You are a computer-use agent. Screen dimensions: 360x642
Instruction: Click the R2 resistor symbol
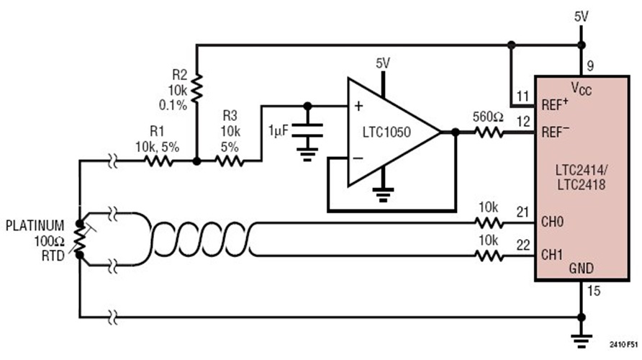(x=197, y=89)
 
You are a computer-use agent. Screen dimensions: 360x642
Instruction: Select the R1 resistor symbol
(x=158, y=162)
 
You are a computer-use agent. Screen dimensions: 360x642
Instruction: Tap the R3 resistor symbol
(x=230, y=162)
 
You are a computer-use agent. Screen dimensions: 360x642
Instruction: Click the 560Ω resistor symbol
(x=489, y=132)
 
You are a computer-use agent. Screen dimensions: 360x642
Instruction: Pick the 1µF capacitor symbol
(x=308, y=133)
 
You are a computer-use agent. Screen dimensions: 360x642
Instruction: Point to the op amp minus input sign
(x=358, y=158)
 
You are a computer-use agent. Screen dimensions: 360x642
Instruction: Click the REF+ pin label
(x=553, y=104)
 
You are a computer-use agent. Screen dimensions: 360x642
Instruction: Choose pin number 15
(x=592, y=291)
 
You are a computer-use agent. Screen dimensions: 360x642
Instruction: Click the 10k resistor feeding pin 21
(x=489, y=223)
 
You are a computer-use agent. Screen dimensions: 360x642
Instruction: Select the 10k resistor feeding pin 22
(x=489, y=255)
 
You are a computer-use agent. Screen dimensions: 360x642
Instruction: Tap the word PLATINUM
(x=35, y=225)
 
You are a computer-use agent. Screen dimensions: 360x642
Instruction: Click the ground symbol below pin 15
(x=581, y=337)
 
